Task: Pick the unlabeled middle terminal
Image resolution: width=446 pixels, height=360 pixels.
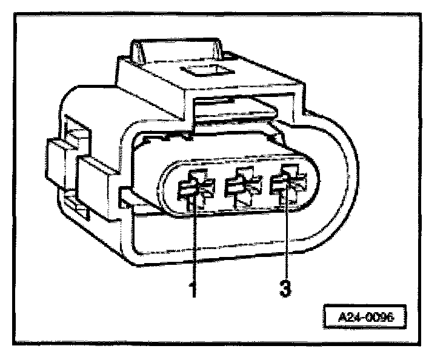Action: (241, 188)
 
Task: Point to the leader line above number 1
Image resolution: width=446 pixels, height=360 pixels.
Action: (193, 242)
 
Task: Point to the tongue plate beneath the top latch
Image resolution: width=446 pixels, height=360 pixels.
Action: (233, 112)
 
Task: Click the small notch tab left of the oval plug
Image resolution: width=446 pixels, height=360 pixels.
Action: (127, 198)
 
